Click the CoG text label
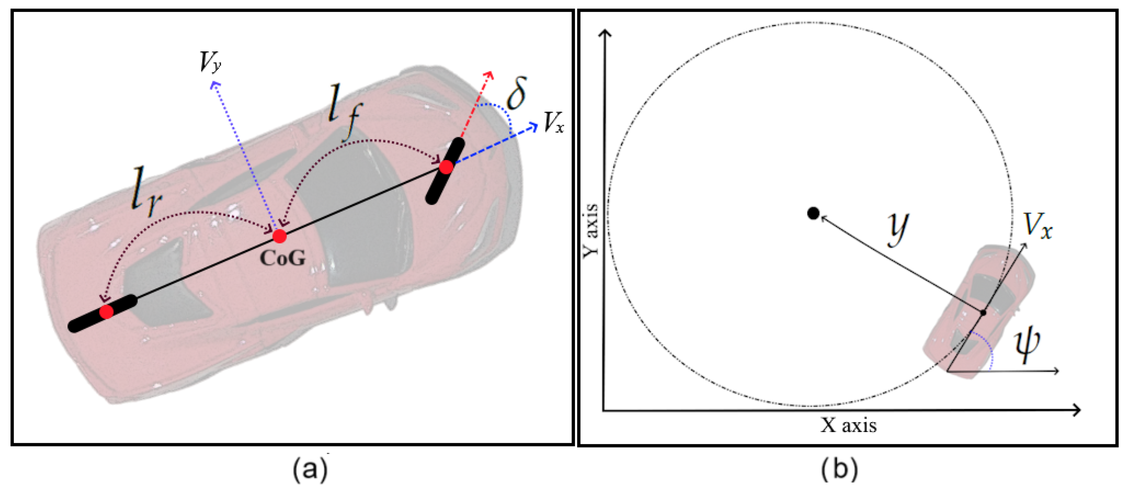click(282, 258)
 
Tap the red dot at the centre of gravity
click(279, 236)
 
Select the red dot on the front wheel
click(446, 167)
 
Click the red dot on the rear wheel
click(107, 312)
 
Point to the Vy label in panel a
click(210, 62)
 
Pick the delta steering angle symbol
click(516, 93)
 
